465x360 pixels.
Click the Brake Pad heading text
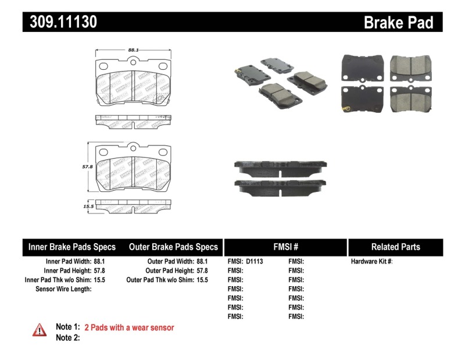coord(398,22)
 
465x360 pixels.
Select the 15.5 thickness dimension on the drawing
coord(88,206)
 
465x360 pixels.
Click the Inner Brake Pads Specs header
coord(72,247)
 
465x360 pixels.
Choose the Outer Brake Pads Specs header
coord(173,247)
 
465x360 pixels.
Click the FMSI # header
coord(285,247)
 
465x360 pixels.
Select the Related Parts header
coord(395,247)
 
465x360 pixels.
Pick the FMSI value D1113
coord(255,262)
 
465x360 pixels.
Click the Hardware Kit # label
coord(372,262)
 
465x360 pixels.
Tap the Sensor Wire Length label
coord(63,289)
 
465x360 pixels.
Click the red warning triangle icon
coord(39,330)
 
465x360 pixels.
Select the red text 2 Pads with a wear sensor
coord(129,327)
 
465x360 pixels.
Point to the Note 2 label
coord(67,337)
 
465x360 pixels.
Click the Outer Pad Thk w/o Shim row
coord(167,280)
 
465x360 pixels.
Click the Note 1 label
coord(67,327)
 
